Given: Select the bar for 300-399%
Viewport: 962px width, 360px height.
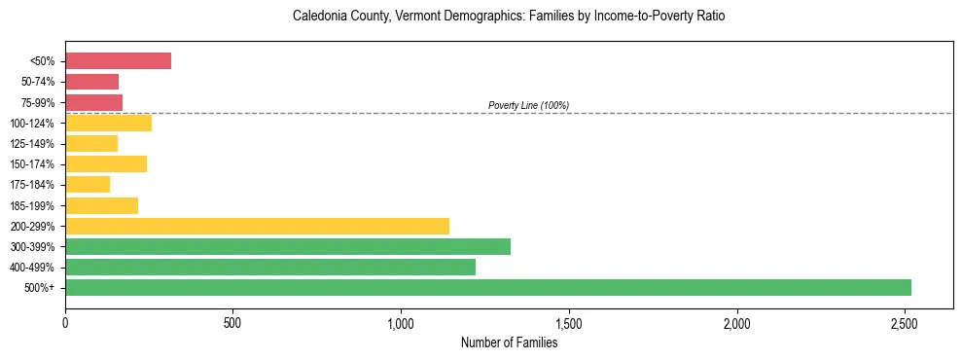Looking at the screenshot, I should coord(288,246).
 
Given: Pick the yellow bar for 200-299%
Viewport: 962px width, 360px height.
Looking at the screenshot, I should coord(257,226).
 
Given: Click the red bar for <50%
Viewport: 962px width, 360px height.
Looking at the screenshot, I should coord(118,61).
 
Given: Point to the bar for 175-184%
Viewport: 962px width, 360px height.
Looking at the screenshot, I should coord(88,185).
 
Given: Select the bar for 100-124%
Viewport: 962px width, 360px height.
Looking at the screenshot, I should coord(108,123).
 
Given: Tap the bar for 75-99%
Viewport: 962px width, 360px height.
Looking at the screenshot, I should coord(93,102).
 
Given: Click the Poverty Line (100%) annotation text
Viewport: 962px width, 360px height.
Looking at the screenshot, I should coord(528,105).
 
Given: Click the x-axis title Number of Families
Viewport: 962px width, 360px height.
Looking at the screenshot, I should coord(509,342).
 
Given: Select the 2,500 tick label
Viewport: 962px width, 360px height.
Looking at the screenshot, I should coord(905,322).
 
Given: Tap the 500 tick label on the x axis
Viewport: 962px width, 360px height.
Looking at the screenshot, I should coord(232,322).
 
